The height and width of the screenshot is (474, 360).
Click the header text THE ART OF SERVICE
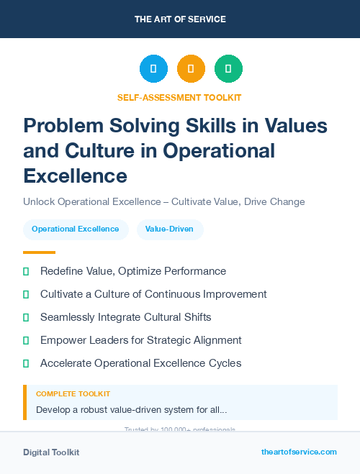tap(180, 19)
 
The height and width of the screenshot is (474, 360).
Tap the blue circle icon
tap(153, 69)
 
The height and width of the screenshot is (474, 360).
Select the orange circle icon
tap(191, 69)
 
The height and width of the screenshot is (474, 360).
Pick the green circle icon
tap(228, 69)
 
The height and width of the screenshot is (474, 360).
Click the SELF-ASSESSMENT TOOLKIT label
tap(179, 97)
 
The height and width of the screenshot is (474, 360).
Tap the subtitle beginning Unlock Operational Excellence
tap(163, 201)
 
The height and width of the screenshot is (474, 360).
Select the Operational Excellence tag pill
tap(76, 229)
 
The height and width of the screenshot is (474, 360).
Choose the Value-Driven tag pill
tap(170, 229)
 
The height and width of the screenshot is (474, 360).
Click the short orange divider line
tap(39, 252)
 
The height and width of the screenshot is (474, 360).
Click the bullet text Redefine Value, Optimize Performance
tap(133, 271)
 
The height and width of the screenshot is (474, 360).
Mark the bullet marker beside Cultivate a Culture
tap(26, 294)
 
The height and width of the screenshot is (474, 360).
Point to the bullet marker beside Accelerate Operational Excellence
tap(26, 363)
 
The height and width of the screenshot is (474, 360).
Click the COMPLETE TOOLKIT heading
tap(73, 394)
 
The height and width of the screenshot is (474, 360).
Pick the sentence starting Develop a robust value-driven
tap(132, 410)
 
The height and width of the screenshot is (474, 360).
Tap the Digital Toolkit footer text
tap(51, 452)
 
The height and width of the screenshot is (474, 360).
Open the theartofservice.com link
tap(299, 452)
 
